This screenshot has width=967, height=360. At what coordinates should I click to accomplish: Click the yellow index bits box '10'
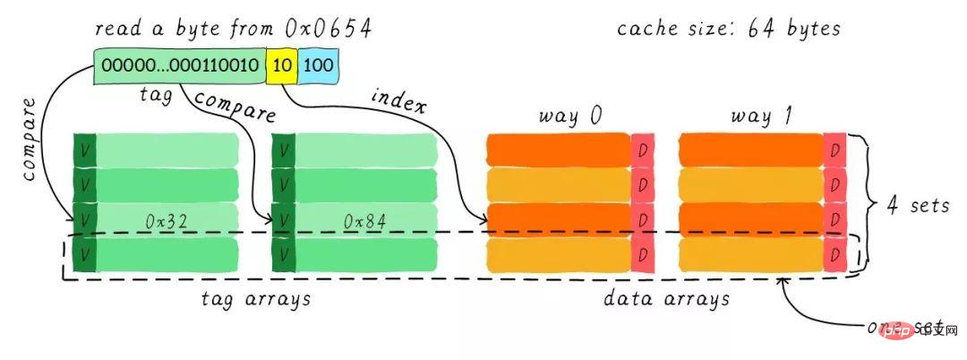pyautogui.click(x=281, y=65)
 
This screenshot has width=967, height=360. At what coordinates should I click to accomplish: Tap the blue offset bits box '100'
pyautogui.click(x=318, y=65)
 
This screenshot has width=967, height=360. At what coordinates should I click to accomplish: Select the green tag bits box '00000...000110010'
pyautogui.click(x=179, y=65)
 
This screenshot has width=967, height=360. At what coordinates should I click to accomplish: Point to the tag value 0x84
pyautogui.click(x=364, y=221)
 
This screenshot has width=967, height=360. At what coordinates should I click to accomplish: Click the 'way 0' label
pyautogui.click(x=569, y=116)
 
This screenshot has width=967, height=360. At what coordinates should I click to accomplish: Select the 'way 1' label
pyautogui.click(x=761, y=116)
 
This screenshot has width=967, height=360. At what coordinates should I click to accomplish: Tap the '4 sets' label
pyautogui.click(x=918, y=205)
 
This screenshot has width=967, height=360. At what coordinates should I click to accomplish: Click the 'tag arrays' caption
pyautogui.click(x=255, y=300)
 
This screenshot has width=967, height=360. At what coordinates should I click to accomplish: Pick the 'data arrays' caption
pyautogui.click(x=666, y=300)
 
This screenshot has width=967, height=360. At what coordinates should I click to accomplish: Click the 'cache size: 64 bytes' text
pyautogui.click(x=728, y=29)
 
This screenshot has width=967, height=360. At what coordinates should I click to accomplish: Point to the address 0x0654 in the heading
pyautogui.click(x=328, y=29)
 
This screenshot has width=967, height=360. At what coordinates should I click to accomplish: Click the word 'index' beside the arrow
pyautogui.click(x=398, y=101)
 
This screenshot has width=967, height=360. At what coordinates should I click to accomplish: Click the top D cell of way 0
pyautogui.click(x=642, y=150)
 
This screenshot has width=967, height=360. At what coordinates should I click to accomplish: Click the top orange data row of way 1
pyautogui.click(x=751, y=150)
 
